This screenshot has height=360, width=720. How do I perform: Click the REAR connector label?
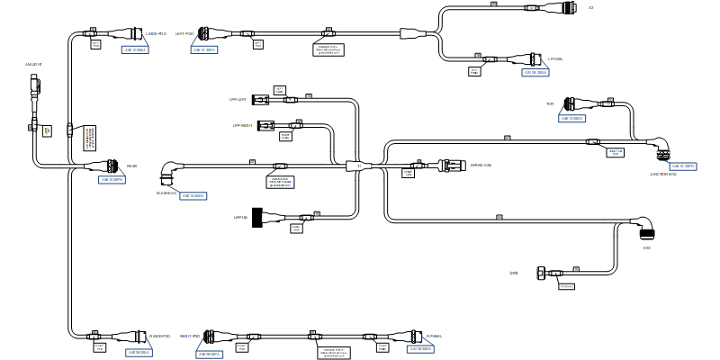(131, 166)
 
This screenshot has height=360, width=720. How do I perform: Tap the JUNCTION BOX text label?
(662, 175)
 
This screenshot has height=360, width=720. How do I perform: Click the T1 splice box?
(358, 166)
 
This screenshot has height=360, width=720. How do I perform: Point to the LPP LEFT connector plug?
(261, 99)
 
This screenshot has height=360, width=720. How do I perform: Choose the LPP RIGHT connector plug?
(266, 125)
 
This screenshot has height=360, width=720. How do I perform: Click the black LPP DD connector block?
(257, 217)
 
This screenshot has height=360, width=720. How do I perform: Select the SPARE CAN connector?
(449, 165)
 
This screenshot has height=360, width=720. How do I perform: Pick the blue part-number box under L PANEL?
(535, 72)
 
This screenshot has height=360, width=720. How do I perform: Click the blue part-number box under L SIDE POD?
(134, 49)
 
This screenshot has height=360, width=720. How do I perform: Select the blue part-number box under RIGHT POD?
(209, 354)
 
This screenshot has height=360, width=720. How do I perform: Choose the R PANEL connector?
(418, 336)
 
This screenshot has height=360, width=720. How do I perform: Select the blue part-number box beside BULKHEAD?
(193, 195)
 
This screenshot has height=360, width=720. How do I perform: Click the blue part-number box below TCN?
(572, 118)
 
